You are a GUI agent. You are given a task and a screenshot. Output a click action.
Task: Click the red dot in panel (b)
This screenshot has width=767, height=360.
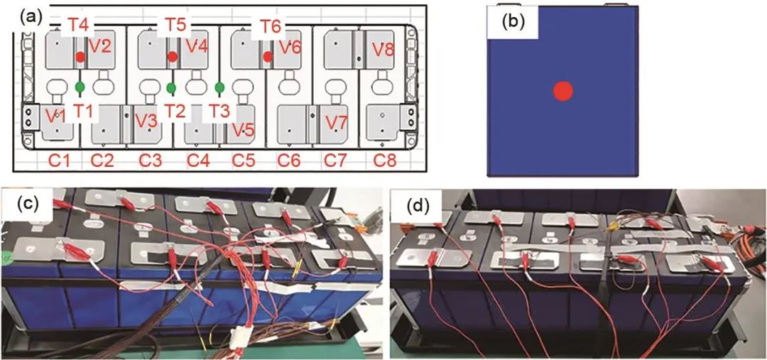[562, 92]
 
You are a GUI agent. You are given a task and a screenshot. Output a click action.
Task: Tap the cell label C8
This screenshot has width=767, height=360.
[388, 160]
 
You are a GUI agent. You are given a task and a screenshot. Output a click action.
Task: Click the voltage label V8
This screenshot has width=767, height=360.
[383, 50]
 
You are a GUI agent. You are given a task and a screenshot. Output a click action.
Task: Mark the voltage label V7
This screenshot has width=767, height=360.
[337, 121]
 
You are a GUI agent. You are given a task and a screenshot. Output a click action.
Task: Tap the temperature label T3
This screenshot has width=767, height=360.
[221, 111]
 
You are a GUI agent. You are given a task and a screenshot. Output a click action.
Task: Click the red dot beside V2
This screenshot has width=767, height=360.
[80, 56]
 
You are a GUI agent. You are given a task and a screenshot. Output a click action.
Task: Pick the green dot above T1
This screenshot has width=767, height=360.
[80, 87]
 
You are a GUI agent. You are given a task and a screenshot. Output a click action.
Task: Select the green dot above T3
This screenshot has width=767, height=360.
[219, 87]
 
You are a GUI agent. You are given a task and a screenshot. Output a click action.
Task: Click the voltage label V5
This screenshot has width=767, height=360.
[243, 130]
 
